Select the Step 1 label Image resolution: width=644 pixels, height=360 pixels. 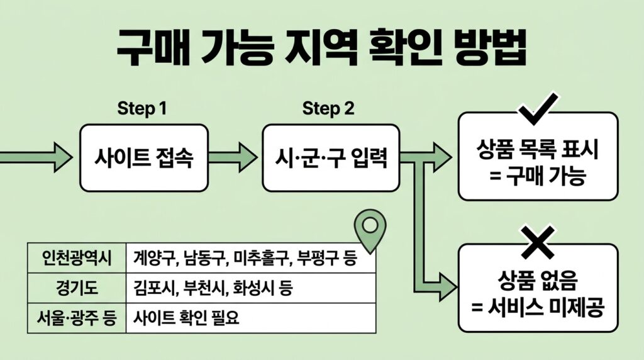coord(142,108)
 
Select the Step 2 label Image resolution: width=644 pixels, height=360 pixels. coord(328,108)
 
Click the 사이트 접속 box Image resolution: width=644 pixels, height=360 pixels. coord(144,157)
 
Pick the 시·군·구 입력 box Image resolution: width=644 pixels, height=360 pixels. coord(330,157)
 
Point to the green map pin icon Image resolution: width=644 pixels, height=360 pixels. coord(369,228)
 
